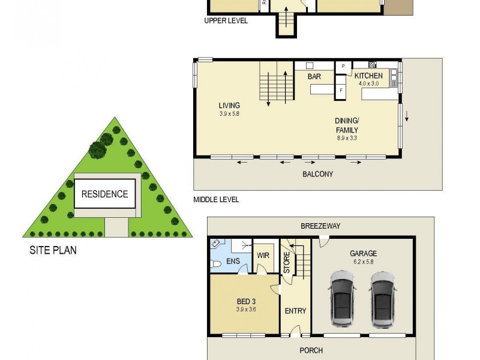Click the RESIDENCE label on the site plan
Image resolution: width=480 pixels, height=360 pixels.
point(104,194)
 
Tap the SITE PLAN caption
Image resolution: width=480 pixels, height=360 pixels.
point(53,250)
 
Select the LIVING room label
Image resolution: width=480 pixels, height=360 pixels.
point(229,106)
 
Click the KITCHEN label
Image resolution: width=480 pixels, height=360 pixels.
point(368,76)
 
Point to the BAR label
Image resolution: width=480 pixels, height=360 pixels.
point(314,77)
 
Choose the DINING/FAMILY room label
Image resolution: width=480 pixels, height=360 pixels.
point(347,125)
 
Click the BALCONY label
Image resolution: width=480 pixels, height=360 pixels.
point(318,174)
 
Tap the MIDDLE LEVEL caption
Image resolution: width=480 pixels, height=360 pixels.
point(216,200)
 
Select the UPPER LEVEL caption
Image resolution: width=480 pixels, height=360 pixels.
point(226,20)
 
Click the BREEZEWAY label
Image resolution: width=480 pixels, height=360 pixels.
point(320,226)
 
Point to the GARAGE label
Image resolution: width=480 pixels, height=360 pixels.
point(364,253)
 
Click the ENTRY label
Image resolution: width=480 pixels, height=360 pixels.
point(295,311)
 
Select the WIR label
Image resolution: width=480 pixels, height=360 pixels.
point(263,255)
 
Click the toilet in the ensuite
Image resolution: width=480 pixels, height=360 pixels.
point(216,263)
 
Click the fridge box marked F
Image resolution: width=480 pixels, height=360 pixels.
point(341,91)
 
